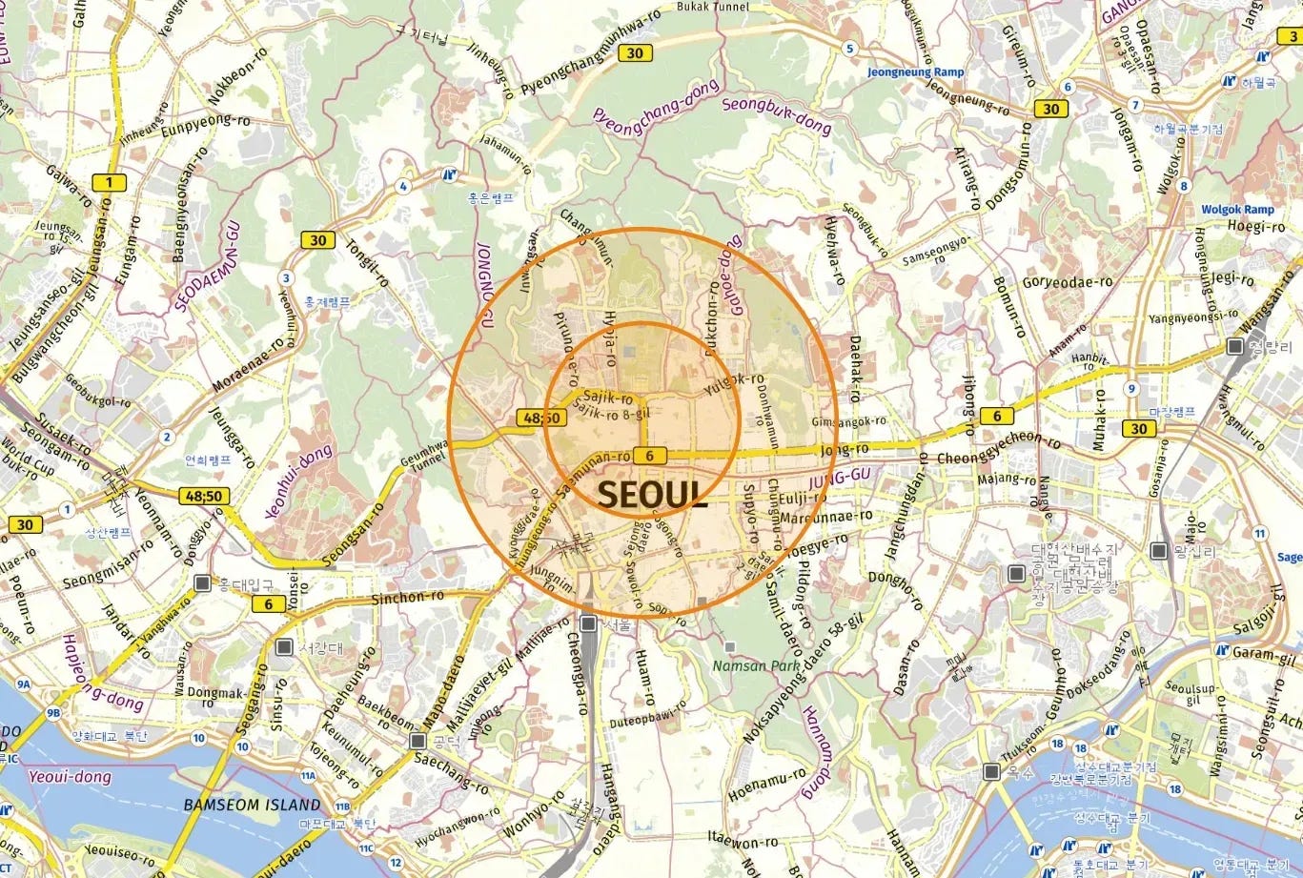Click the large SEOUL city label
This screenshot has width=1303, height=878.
click(x=652, y=494)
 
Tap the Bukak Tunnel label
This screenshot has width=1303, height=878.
click(x=713, y=7)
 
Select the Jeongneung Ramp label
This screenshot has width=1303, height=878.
click(x=915, y=72)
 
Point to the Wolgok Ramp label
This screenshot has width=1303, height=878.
click(x=1237, y=210)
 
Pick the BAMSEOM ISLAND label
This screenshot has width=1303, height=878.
click(x=252, y=805)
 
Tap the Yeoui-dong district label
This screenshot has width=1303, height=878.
click(x=70, y=777)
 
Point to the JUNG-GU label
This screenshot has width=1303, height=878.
click(x=840, y=474)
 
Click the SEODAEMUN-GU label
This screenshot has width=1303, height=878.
click(x=208, y=266)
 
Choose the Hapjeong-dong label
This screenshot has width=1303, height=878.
click(x=103, y=673)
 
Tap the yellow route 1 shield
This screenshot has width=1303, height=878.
click(x=109, y=182)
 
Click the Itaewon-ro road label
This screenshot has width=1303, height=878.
click(x=743, y=842)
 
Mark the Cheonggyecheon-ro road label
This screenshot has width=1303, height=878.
click(x=998, y=448)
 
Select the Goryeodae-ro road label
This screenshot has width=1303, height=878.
click(x=1068, y=282)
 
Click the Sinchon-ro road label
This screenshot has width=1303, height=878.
click(x=407, y=597)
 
